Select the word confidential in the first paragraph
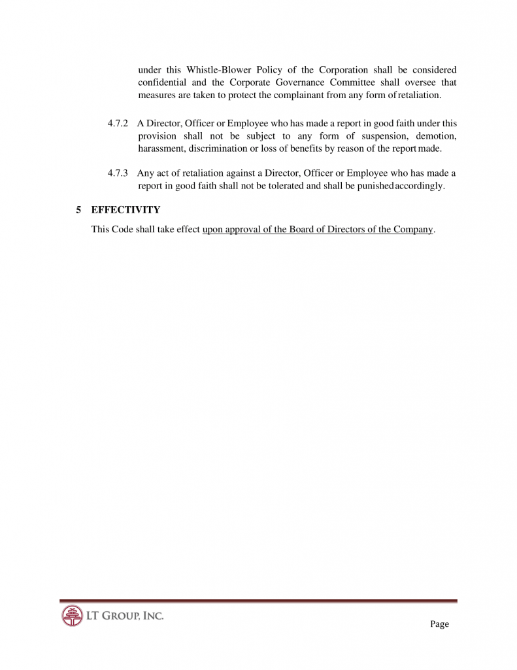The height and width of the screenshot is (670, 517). point(162,82)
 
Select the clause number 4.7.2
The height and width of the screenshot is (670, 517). point(117,123)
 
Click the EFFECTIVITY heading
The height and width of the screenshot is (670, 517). point(125,210)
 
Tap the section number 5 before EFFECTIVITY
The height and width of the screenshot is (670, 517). point(78,210)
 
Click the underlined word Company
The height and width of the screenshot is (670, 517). point(414,230)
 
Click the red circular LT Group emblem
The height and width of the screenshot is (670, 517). point(72,616)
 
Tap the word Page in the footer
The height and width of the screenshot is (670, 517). point(439,624)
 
